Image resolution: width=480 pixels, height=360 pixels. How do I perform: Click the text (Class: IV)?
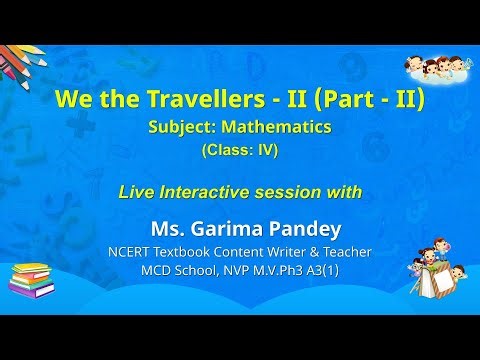point(241,151)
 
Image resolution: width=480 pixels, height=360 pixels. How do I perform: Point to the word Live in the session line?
point(139,190)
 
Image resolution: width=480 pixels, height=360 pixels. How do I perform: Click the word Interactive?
point(212,190)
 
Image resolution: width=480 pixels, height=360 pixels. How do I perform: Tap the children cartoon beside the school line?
point(439,278)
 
